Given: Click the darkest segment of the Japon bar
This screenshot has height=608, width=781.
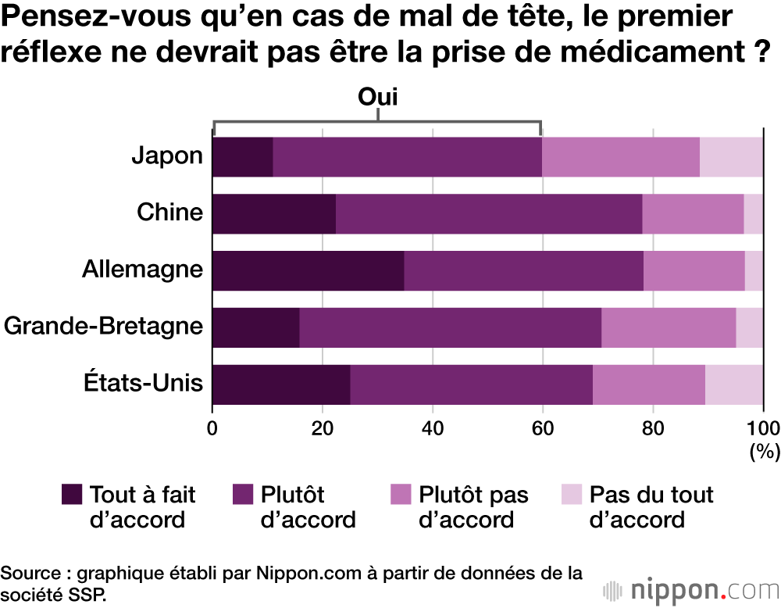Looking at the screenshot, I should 242,156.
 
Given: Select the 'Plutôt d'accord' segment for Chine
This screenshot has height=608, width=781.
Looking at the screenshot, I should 489,213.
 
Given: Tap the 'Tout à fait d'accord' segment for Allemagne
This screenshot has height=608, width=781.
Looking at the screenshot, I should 308,270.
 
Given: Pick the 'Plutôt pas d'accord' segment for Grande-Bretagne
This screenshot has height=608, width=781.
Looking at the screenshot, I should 669,327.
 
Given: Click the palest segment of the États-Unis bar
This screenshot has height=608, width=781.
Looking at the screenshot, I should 734,384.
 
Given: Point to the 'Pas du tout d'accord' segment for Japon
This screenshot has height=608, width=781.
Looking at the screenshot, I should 731,156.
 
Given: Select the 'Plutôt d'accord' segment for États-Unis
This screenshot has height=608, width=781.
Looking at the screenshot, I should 471,384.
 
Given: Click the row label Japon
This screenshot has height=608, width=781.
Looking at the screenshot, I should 167,156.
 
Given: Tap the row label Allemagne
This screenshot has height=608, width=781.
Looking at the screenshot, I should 142,270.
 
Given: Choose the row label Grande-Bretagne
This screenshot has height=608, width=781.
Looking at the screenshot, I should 103,327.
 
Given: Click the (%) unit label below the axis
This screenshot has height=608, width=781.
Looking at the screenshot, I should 764,451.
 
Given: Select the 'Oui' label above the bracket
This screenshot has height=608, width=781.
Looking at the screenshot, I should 378,98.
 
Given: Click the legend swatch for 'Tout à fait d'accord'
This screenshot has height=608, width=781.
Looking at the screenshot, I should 72,495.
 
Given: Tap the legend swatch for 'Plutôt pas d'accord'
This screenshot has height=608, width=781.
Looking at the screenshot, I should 400,495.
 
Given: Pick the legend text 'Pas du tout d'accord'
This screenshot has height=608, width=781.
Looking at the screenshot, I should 651,507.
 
